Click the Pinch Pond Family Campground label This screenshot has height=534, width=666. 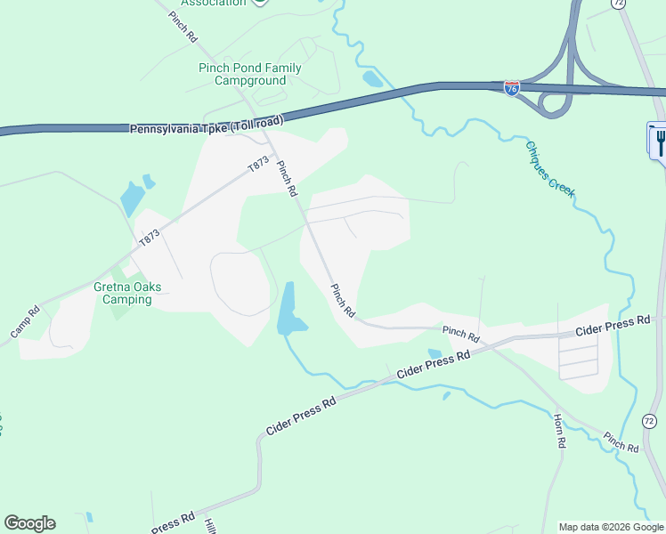(249, 74)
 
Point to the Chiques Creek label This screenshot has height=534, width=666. (550, 169)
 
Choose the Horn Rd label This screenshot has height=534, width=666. (558, 431)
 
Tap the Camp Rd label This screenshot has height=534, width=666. (26, 321)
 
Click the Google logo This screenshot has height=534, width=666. (29, 523)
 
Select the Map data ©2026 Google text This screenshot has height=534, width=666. (610, 527)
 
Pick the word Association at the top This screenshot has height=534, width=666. (213, 3)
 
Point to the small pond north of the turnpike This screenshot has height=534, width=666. (372, 78)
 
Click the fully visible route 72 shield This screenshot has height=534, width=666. (649, 420)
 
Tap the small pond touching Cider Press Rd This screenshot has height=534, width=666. (435, 354)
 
